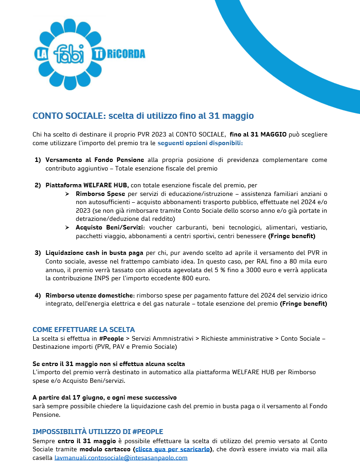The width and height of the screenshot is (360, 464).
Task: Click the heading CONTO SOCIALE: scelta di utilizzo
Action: tap(143, 116)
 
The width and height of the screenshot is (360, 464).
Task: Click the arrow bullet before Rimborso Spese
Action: tap(67, 194)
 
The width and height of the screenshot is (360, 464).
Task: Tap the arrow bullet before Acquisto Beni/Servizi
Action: tap(67, 227)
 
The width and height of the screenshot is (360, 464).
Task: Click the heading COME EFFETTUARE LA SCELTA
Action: tap(83, 330)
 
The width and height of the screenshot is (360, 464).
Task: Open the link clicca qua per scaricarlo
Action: tap(172, 449)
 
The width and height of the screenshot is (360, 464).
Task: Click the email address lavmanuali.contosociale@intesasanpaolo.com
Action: tap(121, 458)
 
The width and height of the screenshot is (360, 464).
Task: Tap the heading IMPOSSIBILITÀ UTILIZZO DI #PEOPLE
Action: tap(97, 431)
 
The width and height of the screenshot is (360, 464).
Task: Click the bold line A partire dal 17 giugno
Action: tap(104, 398)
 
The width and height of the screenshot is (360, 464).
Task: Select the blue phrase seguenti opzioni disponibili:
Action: tap(200, 143)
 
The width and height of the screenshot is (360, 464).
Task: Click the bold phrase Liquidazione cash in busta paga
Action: tap(94, 253)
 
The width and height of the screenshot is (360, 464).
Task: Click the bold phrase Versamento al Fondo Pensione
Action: tap(94, 160)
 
